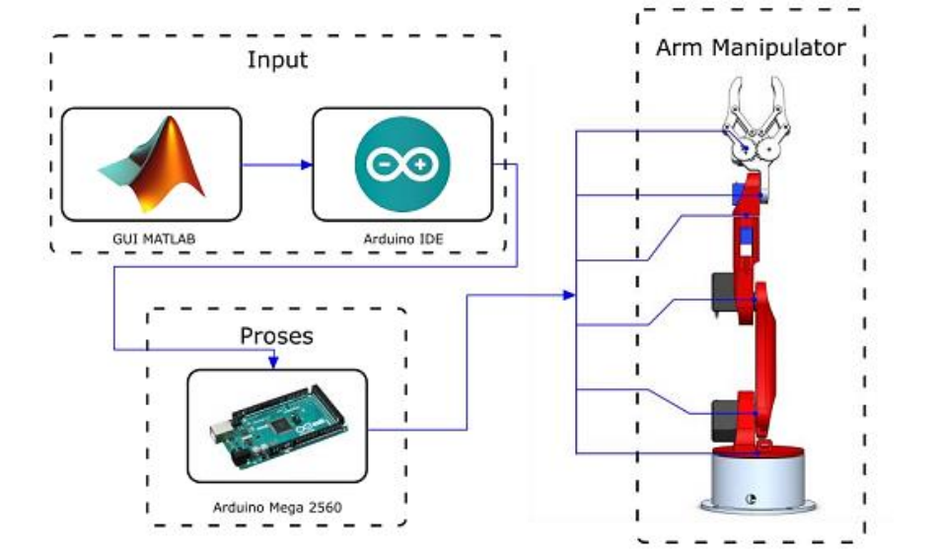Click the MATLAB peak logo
coord(152,163)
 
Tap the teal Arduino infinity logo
coord(401,164)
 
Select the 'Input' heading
coord(277,60)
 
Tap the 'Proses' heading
coord(276,336)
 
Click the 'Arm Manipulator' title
coord(751,47)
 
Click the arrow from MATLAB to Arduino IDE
coord(277,164)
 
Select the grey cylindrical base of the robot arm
coord(755,478)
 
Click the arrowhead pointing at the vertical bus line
coord(568,295)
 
